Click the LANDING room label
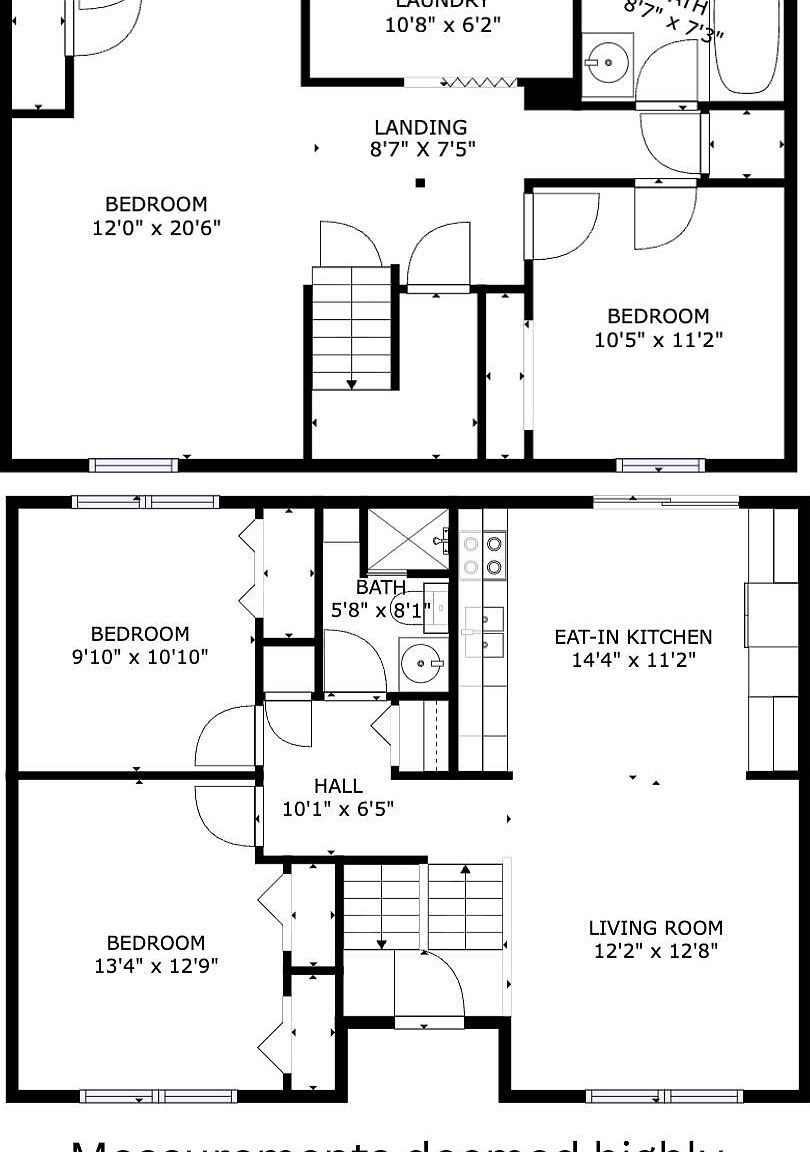click(420, 127)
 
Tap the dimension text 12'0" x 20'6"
click(156, 228)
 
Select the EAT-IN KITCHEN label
click(634, 637)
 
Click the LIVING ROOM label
click(655, 928)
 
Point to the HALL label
click(338, 786)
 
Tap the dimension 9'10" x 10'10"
click(140, 657)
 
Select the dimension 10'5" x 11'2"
click(658, 340)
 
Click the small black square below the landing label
click(421, 183)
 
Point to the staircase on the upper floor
click(351, 328)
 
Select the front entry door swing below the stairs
click(430, 985)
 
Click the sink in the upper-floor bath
click(607, 62)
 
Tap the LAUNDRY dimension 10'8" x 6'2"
click(443, 25)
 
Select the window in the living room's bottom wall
click(664, 1096)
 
